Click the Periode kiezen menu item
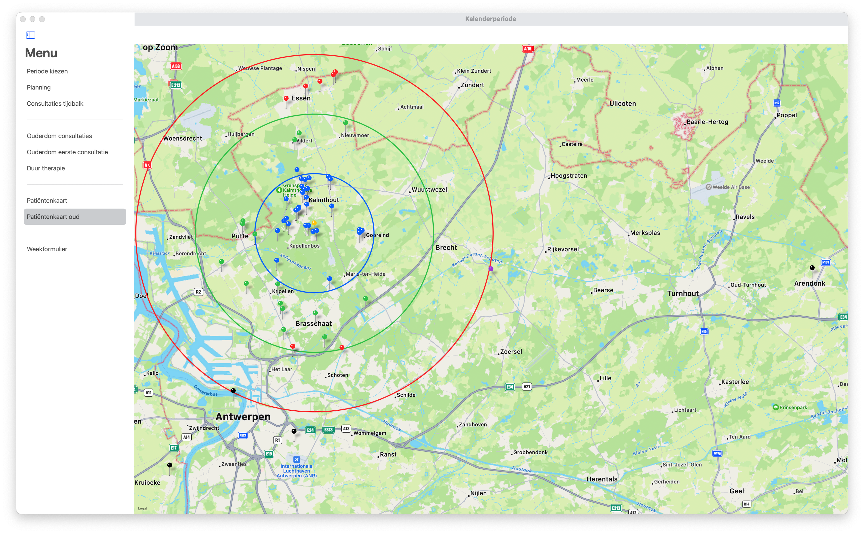(47, 71)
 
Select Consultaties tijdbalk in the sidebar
(55, 104)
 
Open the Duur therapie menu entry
(46, 168)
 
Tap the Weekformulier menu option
(47, 249)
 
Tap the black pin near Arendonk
(812, 268)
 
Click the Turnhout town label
(682, 293)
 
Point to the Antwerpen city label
(243, 417)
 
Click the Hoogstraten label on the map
(568, 176)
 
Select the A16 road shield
(527, 49)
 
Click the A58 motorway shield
(176, 66)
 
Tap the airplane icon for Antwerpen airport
(297, 460)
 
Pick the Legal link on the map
(143, 508)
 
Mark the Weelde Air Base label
(730, 187)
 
